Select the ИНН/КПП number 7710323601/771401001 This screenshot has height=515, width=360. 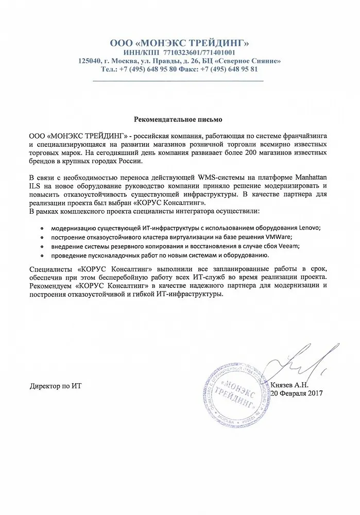(200, 52)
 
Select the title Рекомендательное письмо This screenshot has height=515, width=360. (178, 119)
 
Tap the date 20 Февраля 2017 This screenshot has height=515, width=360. (297, 393)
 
